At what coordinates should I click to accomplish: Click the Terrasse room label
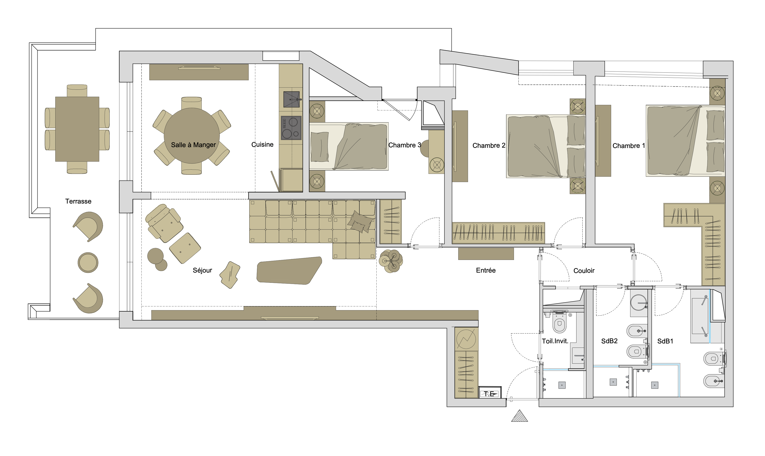click(x=78, y=201)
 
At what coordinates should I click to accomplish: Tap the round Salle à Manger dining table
click(x=191, y=135)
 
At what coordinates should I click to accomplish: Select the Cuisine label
click(x=262, y=144)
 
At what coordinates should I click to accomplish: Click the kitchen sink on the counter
click(x=291, y=99)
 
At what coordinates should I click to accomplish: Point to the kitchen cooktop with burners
click(x=291, y=128)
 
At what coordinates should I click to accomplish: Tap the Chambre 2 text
click(x=489, y=145)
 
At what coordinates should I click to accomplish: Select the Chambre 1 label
click(x=629, y=146)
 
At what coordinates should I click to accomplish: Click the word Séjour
click(x=202, y=270)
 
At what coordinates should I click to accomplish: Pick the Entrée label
click(x=486, y=270)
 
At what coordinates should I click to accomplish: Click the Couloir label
click(x=584, y=270)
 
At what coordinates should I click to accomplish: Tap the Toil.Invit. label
click(x=555, y=341)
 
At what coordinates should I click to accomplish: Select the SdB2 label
click(x=609, y=341)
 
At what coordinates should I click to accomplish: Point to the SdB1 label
click(x=665, y=341)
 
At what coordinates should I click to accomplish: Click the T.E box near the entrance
click(x=490, y=392)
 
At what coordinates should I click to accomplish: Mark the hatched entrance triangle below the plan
click(x=520, y=417)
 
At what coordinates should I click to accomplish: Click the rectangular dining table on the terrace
click(x=77, y=129)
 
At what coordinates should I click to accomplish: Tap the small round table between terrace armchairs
click(x=88, y=263)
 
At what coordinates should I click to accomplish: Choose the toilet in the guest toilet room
click(x=560, y=322)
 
